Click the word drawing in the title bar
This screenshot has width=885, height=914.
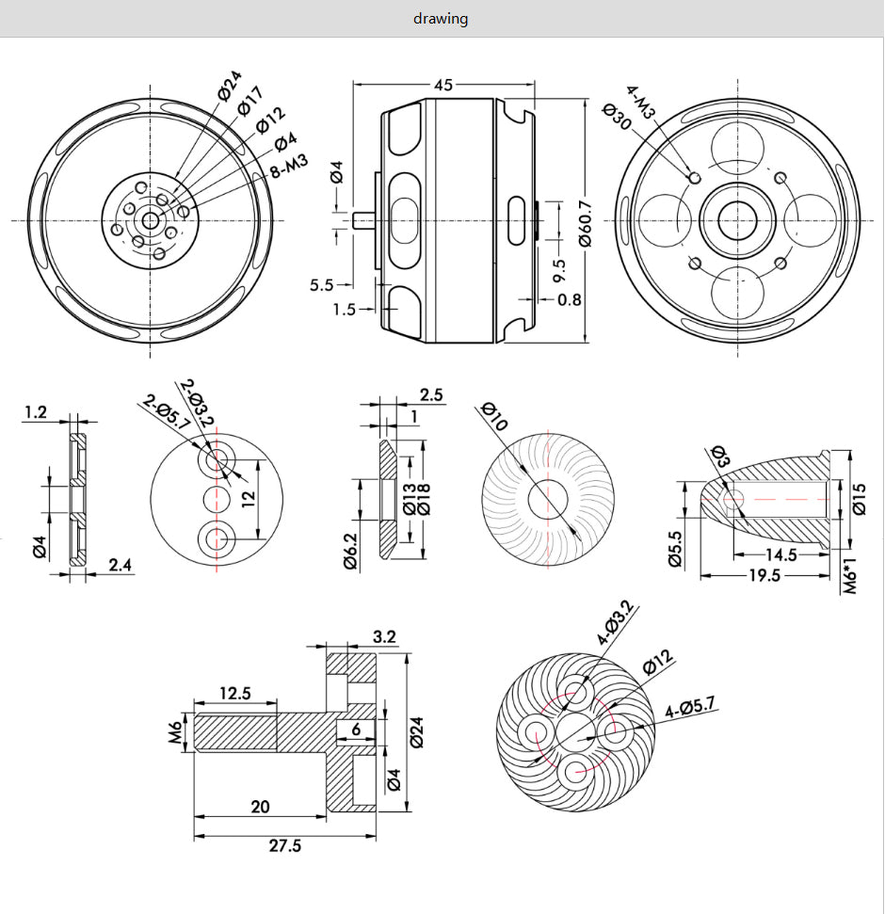441,19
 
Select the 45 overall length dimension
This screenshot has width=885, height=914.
443,85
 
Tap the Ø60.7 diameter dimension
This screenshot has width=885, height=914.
587,222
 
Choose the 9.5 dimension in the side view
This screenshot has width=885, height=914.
559,271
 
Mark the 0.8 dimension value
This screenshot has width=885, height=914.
569,299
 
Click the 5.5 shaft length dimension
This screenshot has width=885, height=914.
321,283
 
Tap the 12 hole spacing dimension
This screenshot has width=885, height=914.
248,499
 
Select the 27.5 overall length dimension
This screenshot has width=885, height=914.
284,845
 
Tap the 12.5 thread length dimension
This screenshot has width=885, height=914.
234,694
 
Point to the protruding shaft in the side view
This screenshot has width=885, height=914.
362,220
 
